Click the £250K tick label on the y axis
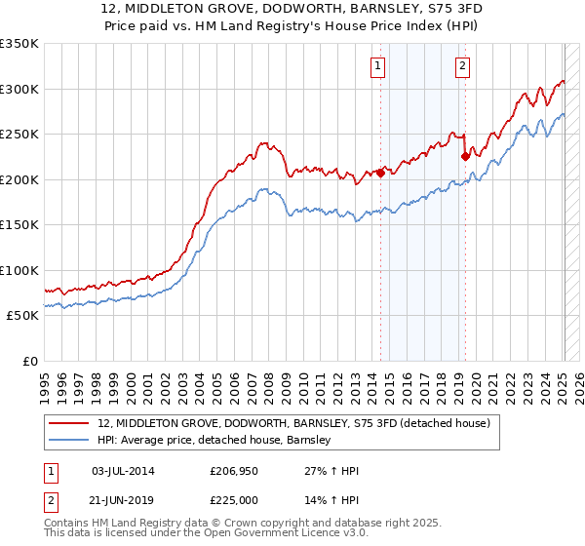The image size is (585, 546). pos(19,135)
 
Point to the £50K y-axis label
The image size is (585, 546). pos(22,316)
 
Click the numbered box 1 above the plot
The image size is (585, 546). pos(377,66)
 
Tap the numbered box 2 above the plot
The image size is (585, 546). pos(461,66)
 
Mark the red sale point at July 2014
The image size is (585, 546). pos(381,173)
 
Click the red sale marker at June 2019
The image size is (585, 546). pos(465,156)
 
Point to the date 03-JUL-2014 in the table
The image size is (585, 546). pos(127,472)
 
